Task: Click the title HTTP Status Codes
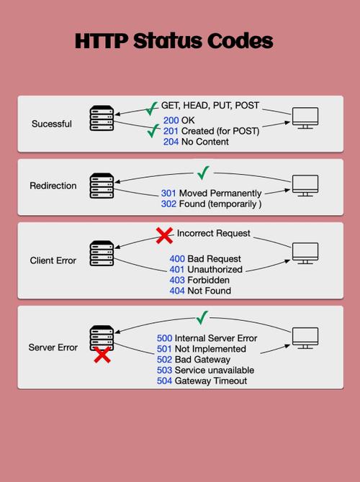click(x=174, y=41)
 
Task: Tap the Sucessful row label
click(x=52, y=124)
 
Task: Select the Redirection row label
click(x=53, y=186)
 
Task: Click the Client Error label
click(x=53, y=260)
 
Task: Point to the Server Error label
click(x=53, y=347)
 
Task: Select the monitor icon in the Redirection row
click(x=305, y=185)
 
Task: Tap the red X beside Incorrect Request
click(x=165, y=235)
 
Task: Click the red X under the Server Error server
click(x=102, y=354)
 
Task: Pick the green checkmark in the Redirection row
click(x=204, y=173)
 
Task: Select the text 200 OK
click(x=180, y=120)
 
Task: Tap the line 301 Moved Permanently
click(x=210, y=194)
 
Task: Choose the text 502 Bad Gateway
click(x=193, y=359)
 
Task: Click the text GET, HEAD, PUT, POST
click(x=210, y=106)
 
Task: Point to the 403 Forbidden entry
click(x=199, y=280)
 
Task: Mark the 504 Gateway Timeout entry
click(x=202, y=381)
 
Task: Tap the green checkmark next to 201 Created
click(x=153, y=132)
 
